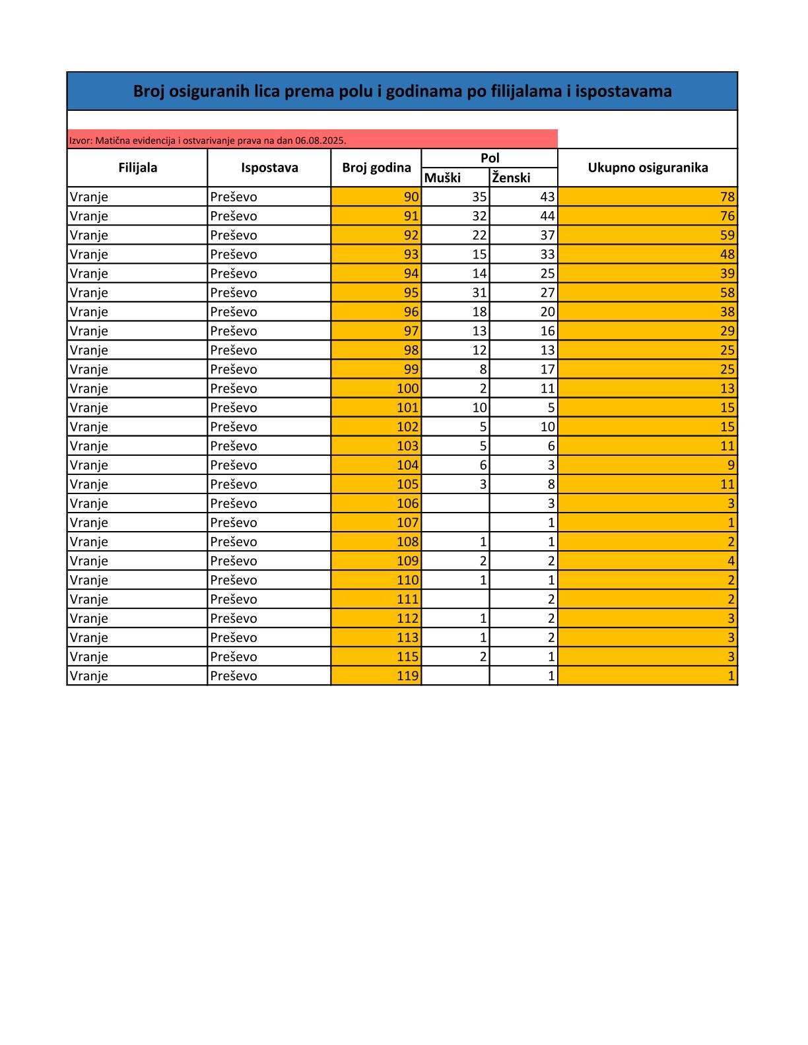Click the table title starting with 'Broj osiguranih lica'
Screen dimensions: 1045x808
pyautogui.click(x=402, y=91)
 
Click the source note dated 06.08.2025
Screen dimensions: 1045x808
pyautogui.click(x=208, y=141)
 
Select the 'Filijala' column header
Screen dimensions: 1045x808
pyautogui.click(x=137, y=168)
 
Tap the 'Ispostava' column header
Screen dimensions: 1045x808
pyautogui.click(x=269, y=168)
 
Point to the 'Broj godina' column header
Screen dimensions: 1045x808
pyautogui.click(x=376, y=168)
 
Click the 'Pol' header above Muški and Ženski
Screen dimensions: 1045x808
pyautogui.click(x=490, y=158)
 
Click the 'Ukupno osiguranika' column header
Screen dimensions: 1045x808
pyautogui.click(x=648, y=168)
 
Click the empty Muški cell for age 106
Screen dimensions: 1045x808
pyautogui.click(x=455, y=503)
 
